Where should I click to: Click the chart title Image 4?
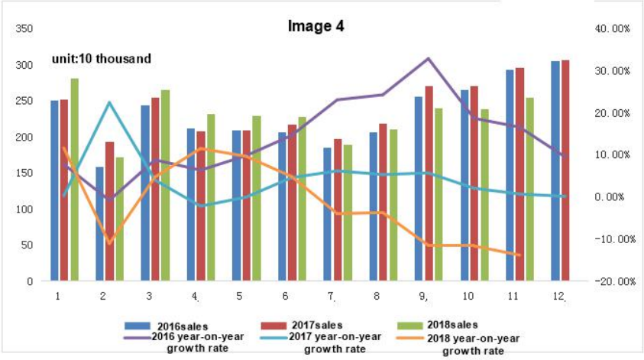pos(316,26)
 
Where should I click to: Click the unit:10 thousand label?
pos(102,58)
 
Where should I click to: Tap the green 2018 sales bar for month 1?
pos(74,180)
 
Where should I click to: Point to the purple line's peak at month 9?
pos(428,59)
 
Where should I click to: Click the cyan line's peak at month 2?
pos(109,102)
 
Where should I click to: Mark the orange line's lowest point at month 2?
pos(109,244)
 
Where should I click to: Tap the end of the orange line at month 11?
pos(519,255)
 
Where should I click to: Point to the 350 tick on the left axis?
pos(24,29)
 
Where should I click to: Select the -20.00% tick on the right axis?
pos(611,281)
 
